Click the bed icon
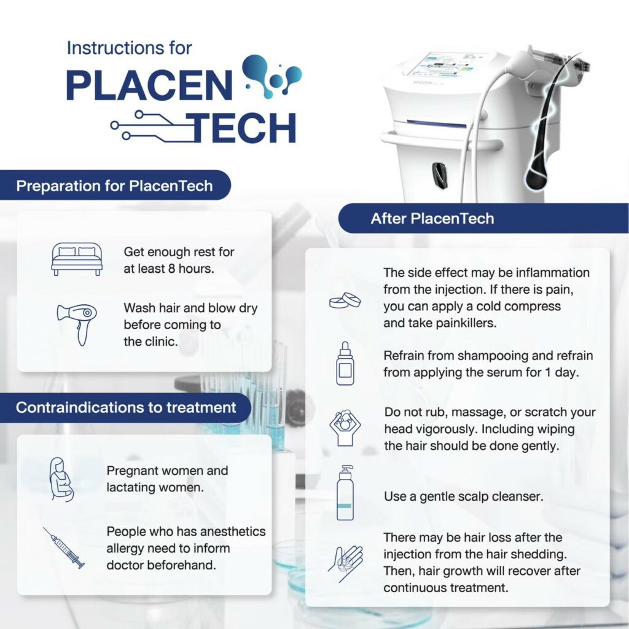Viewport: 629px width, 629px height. click(x=77, y=259)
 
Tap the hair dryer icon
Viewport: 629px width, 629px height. click(x=77, y=324)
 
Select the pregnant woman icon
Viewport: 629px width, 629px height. click(x=61, y=480)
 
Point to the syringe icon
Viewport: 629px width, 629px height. click(x=64, y=547)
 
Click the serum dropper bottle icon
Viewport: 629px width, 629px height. click(x=345, y=364)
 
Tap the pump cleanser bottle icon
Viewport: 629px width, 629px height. click(x=345, y=493)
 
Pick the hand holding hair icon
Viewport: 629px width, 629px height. click(x=345, y=563)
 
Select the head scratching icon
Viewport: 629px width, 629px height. click(x=345, y=428)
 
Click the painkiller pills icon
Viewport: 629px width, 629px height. click(x=345, y=300)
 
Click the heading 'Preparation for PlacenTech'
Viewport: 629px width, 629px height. click(x=114, y=186)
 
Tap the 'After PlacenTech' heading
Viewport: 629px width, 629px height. click(x=432, y=219)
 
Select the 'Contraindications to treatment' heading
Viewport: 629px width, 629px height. click(x=126, y=408)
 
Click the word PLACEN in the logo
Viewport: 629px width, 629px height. click(x=149, y=85)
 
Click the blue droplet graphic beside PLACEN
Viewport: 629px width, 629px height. click(x=273, y=75)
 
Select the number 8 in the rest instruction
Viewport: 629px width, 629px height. click(x=171, y=269)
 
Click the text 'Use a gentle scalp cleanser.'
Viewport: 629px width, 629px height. click(x=464, y=496)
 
